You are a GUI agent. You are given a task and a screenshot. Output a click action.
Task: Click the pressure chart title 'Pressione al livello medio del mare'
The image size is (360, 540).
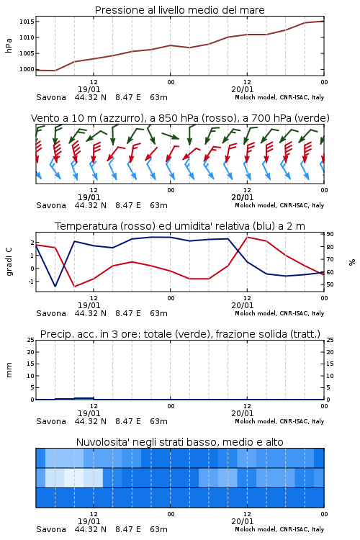179,10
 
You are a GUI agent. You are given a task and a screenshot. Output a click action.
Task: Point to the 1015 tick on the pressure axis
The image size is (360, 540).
27,22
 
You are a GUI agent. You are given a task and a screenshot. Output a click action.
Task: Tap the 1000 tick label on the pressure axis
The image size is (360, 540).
27,69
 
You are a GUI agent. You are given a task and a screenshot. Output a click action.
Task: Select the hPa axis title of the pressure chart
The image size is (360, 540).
9,45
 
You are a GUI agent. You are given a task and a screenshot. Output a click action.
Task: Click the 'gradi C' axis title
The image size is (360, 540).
9,262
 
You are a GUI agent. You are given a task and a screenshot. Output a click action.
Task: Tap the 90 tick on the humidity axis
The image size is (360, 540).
330,234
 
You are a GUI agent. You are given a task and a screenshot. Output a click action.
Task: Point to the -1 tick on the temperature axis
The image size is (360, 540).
31,282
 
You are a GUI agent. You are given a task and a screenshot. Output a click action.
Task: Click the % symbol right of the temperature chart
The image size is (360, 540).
352,262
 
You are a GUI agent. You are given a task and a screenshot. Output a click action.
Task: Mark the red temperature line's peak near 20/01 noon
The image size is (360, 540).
248,237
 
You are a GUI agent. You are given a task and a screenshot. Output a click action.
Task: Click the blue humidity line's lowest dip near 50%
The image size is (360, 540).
55,286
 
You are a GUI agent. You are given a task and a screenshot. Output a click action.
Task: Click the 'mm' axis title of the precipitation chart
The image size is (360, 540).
9,369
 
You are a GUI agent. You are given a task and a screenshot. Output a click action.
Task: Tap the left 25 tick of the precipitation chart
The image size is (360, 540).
31,340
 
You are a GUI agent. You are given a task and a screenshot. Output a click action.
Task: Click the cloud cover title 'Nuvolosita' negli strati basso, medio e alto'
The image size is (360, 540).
179,442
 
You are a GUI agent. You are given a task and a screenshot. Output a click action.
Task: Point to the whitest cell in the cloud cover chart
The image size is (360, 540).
74,477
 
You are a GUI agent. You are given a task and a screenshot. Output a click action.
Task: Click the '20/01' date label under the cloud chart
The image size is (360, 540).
243,521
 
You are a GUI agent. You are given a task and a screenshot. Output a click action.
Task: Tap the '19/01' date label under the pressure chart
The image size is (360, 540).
89,89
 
